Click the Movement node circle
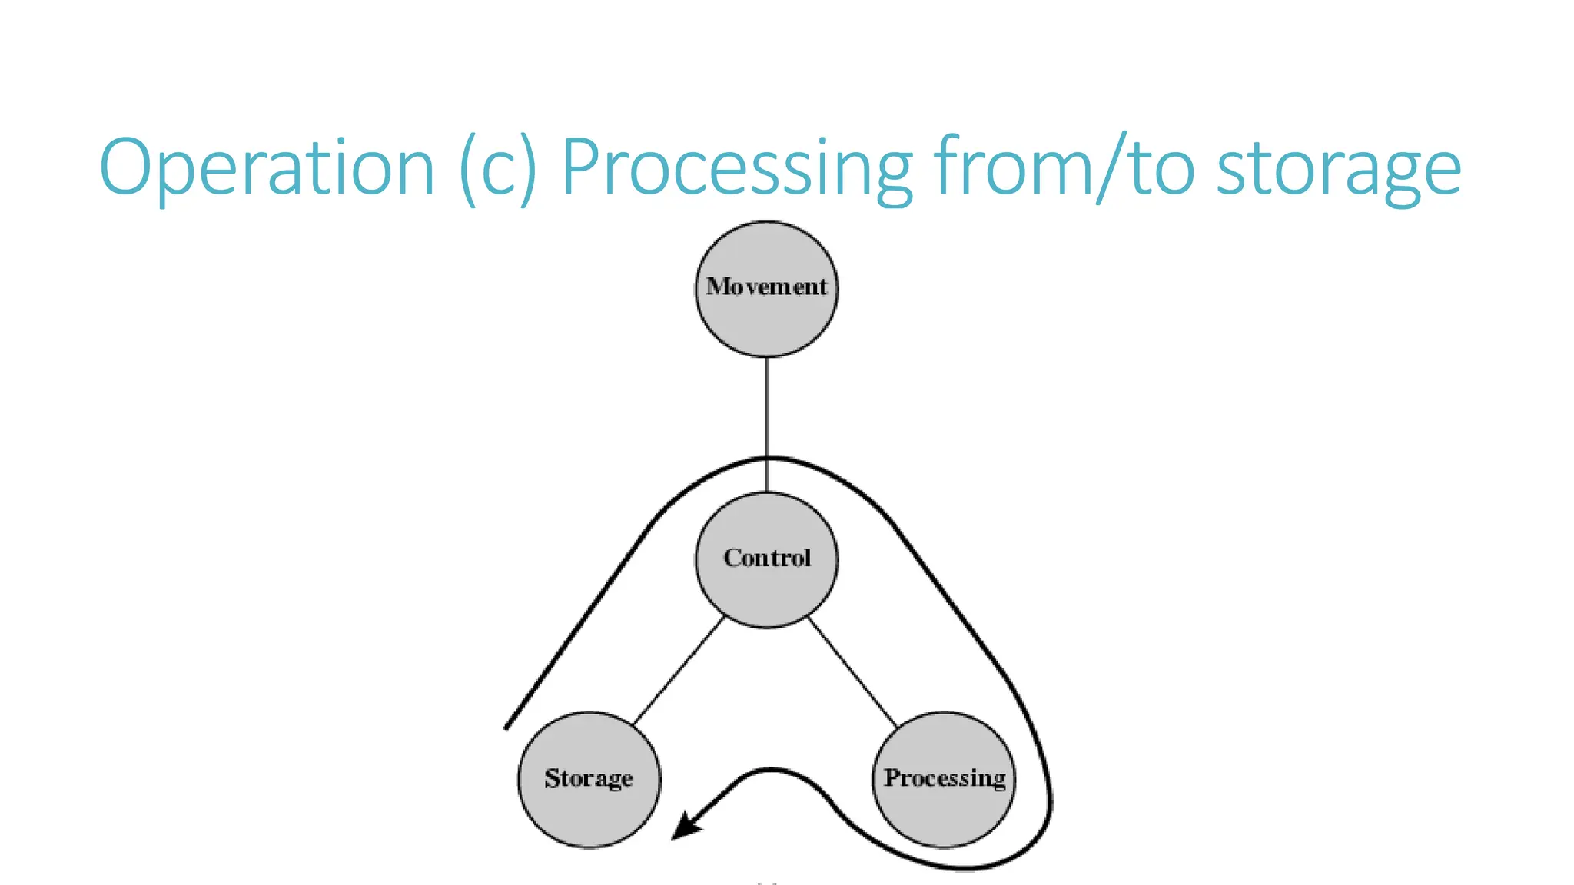(766, 323)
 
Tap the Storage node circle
(588, 814)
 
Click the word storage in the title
(1338, 171)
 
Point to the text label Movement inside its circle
(766, 287)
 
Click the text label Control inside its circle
(766, 558)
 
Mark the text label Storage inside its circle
(588, 778)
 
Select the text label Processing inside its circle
(944, 777)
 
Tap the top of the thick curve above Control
(769, 459)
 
